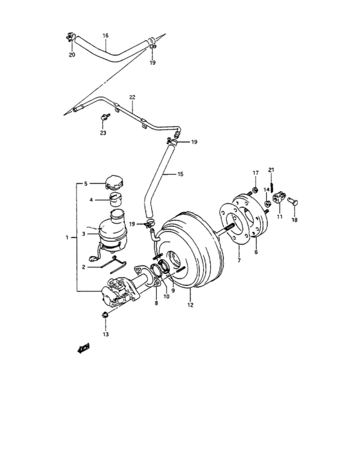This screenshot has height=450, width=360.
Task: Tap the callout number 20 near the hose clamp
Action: tap(72, 55)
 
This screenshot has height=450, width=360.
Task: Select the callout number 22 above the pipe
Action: tap(132, 98)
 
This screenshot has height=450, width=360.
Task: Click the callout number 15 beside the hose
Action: tap(180, 174)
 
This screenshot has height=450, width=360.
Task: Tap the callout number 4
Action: tap(91, 199)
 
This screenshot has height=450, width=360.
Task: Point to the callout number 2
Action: tap(83, 267)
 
